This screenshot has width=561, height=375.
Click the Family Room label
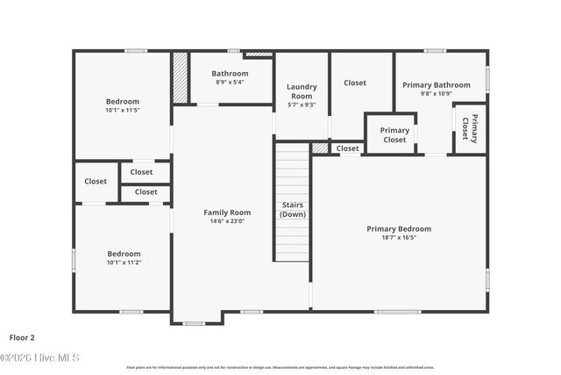click(227, 213)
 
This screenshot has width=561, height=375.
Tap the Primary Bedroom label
click(399, 228)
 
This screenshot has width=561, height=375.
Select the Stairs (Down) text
click(293, 209)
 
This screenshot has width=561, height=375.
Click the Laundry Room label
click(302, 91)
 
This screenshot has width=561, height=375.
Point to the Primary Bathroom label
click(436, 85)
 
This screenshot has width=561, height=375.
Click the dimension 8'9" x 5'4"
click(230, 83)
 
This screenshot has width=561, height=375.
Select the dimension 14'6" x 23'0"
click(227, 221)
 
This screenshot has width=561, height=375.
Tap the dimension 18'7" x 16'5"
click(399, 237)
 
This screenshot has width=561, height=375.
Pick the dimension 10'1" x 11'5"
click(123, 111)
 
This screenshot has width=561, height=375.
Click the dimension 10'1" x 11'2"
click(123, 263)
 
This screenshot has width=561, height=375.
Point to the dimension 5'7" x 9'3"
click(302, 105)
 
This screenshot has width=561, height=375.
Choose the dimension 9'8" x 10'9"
click(436, 93)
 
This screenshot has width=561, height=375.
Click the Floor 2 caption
click(22, 336)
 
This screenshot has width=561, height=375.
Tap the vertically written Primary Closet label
click(470, 128)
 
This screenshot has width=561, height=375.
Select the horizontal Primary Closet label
click(394, 134)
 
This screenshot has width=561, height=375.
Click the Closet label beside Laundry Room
click(355, 83)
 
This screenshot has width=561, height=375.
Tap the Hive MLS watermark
click(39, 357)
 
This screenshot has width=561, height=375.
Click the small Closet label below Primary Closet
click(348, 148)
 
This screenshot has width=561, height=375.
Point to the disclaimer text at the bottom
click(280, 367)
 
